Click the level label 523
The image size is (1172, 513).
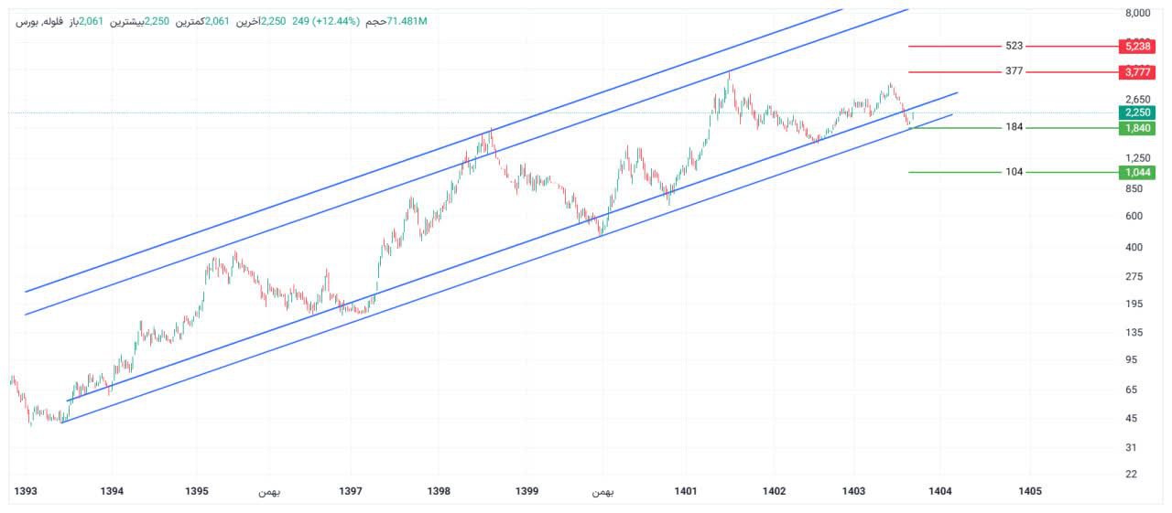click(1014, 46)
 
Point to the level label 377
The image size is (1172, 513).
click(1014, 71)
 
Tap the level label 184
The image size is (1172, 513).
click(1014, 127)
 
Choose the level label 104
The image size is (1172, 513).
click(1014, 172)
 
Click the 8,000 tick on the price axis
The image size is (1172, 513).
click(1137, 13)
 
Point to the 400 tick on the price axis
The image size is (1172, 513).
click(1134, 247)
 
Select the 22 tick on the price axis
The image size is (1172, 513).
click(1131, 474)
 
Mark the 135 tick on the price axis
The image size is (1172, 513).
click(1134, 333)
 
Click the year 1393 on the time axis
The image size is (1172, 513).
click(26, 492)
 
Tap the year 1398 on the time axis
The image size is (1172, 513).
click(439, 492)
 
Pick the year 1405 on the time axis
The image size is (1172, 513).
click(1030, 492)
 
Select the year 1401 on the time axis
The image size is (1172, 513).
click(686, 492)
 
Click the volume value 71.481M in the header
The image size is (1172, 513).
click(407, 21)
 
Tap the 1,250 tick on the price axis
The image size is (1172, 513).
click(1136, 157)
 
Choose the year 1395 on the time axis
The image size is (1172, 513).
click(197, 492)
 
